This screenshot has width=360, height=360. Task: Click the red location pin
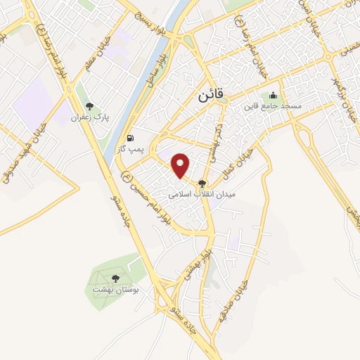coord(182,165)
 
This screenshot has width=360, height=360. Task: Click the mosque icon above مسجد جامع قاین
coord(273,96)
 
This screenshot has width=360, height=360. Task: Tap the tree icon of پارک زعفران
coord(89,106)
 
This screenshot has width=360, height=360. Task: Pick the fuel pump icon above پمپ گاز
coord(129,137)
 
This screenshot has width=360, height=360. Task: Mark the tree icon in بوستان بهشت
coord(116,278)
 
